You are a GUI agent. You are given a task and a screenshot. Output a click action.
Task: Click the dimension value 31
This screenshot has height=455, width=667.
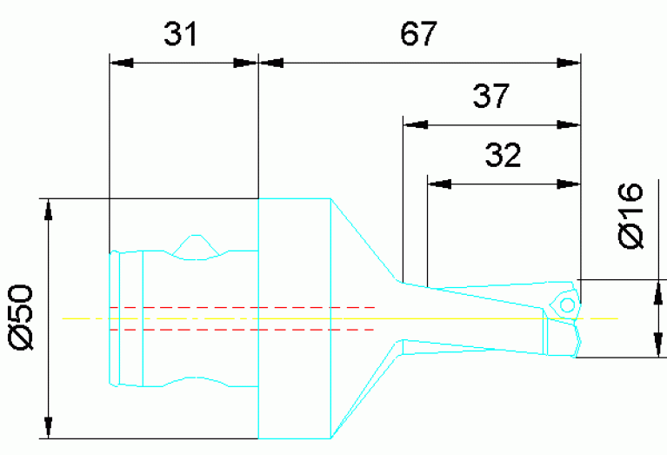click(x=180, y=36)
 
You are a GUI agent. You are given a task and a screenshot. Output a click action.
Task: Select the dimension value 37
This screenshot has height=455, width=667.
click(x=491, y=96)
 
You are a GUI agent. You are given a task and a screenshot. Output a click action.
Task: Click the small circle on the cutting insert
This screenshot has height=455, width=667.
click(x=567, y=305)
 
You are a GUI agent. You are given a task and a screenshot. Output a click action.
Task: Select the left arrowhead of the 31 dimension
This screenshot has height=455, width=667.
click(x=121, y=63)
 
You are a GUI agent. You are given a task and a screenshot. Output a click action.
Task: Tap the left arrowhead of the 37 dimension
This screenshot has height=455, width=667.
click(x=415, y=124)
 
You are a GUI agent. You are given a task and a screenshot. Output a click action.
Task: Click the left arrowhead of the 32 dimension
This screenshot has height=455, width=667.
click(x=440, y=184)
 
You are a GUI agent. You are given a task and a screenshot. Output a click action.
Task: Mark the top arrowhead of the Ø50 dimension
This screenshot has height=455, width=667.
click(x=50, y=211)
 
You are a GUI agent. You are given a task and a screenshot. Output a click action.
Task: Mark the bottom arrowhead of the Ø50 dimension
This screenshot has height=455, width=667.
click(x=50, y=426)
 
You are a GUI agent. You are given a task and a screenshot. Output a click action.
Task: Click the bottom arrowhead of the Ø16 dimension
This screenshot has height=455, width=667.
click(x=653, y=346)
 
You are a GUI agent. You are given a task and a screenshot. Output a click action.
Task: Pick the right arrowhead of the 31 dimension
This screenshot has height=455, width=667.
click(x=247, y=63)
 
